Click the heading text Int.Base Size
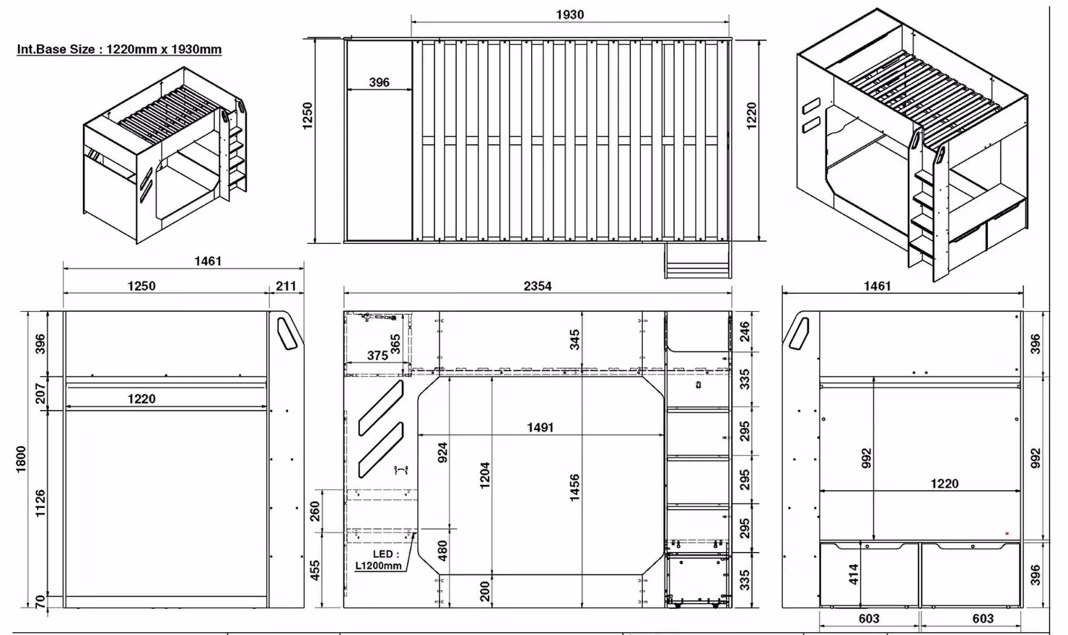point(56,49)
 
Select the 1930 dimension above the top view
point(570,14)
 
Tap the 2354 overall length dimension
point(538,286)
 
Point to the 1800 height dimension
point(21,460)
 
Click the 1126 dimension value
point(40,503)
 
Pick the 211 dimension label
point(286,286)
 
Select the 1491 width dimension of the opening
point(540,427)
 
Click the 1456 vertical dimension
point(574,487)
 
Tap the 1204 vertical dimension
point(484,476)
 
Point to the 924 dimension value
point(442,452)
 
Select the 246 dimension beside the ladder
point(744,331)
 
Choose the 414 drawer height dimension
point(854,574)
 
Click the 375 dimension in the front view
point(377,356)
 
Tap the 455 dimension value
point(315,570)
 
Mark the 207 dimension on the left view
point(40,393)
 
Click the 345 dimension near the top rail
point(574,339)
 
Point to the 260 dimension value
point(315,512)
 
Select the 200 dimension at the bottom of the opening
point(484,591)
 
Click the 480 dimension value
point(442,551)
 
